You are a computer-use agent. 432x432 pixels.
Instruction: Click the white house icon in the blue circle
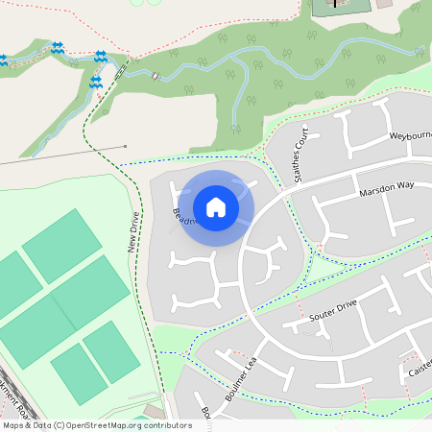point(216,207)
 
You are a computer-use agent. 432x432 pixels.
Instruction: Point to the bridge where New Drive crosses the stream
point(121,70)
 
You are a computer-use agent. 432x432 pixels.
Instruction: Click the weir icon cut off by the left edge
point(3,60)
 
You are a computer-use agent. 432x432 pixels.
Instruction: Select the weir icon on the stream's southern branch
point(95,84)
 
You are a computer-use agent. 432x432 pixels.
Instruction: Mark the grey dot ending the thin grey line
point(126,147)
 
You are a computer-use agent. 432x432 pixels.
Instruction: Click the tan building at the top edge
point(384,4)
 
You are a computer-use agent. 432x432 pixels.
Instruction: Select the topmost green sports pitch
point(61,246)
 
